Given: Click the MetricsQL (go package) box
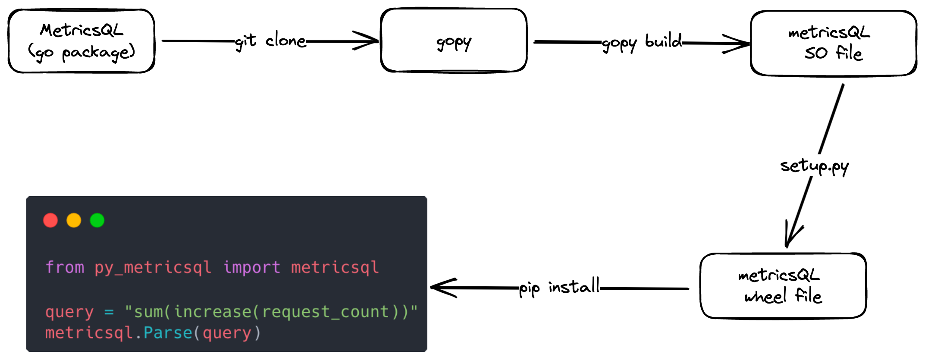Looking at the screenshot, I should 82,41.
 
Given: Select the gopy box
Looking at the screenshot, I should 454,41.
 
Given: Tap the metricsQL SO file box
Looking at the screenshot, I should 833,43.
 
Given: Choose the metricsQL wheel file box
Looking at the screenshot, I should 783,286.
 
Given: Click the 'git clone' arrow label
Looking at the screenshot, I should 270,41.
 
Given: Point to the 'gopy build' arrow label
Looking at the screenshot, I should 642,43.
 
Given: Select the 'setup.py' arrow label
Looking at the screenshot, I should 814,166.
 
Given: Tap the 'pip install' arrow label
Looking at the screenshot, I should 559,287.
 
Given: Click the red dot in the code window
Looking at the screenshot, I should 50,220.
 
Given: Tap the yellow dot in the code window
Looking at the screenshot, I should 74,220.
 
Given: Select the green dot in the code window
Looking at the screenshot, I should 97,220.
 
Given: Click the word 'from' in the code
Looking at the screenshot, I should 65,267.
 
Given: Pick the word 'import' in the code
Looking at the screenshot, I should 252,267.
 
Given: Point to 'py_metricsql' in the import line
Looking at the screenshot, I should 153,268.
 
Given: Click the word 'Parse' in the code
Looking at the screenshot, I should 168,333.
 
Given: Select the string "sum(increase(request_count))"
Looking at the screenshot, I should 271,311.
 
